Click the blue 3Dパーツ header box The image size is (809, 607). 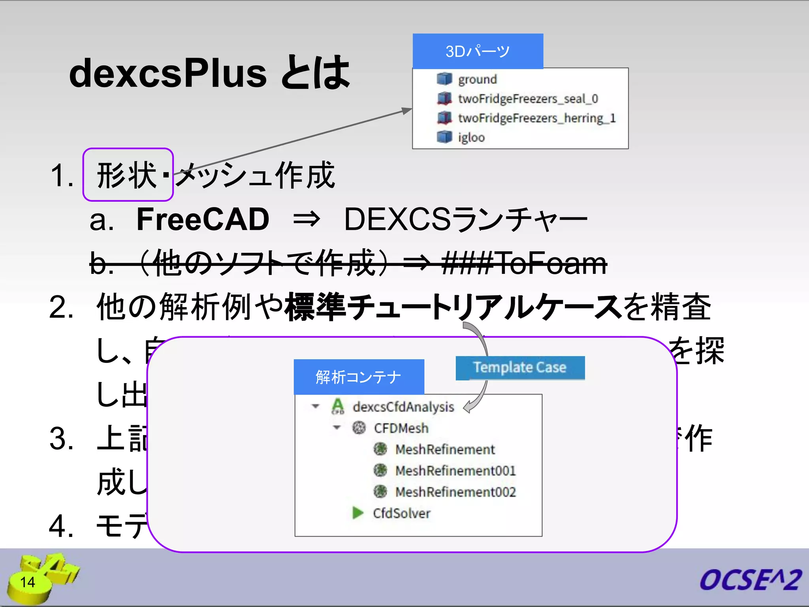coord(478,51)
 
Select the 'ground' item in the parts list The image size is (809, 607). coord(477,79)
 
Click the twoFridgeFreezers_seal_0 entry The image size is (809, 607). coord(528,99)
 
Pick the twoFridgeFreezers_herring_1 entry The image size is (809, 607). coord(536,118)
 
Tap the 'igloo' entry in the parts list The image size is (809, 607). coord(471,138)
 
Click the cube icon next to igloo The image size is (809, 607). coord(444,137)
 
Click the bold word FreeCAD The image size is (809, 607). coord(203,220)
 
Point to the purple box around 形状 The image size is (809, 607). coord(128,175)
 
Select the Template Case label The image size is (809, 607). coord(520,368)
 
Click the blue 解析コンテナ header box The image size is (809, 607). coord(359,377)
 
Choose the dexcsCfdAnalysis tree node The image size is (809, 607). coord(403,407)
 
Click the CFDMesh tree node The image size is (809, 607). coord(401,428)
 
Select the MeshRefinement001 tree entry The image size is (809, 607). coord(455,471)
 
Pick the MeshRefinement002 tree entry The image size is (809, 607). coord(455,492)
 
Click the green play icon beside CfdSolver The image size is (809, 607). coord(358,513)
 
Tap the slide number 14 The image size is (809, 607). coord(28,582)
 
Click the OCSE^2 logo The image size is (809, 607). coord(750,580)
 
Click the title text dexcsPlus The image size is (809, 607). coord(168,74)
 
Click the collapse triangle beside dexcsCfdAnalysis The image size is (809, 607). coord(315,406)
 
